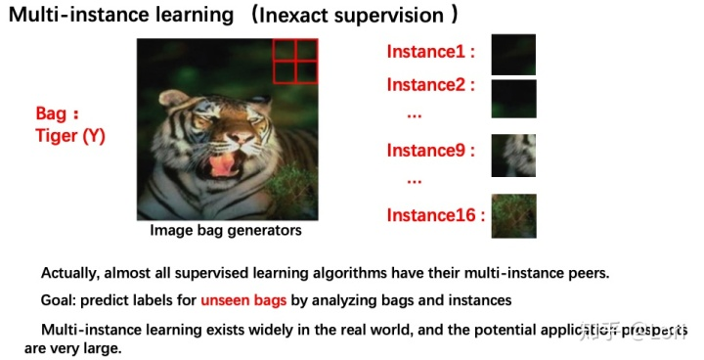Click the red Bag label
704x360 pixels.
pyautogui.click(x=57, y=114)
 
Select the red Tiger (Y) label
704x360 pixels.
pyautogui.click(x=69, y=137)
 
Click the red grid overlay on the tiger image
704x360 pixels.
pyautogui.click(x=294, y=61)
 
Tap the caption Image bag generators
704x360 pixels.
pyautogui.click(x=226, y=231)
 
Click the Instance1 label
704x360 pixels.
pyautogui.click(x=431, y=52)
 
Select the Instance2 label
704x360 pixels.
pyautogui.click(x=431, y=85)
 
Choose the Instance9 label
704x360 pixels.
pyautogui.click(x=431, y=151)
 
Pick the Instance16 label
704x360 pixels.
pyautogui.click(x=435, y=215)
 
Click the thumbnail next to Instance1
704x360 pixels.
pyautogui.click(x=513, y=55)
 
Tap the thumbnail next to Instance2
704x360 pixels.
pyautogui.click(x=513, y=99)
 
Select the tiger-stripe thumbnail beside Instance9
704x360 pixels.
pyautogui.click(x=513, y=155)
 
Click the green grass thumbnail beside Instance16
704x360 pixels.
pyautogui.click(x=513, y=215)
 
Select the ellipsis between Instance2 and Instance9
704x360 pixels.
pyautogui.click(x=414, y=114)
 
